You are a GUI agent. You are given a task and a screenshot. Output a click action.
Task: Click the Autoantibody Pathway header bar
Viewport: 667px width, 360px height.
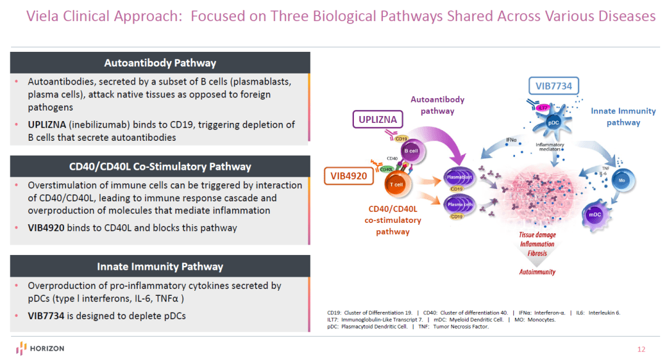click(x=160, y=63)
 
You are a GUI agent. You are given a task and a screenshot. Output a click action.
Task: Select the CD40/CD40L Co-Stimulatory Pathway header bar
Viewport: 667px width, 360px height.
click(x=160, y=167)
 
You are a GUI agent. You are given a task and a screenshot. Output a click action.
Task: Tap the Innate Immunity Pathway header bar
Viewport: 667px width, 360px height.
click(x=160, y=267)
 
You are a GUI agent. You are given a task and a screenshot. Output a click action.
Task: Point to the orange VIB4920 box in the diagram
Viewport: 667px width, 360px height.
click(x=345, y=175)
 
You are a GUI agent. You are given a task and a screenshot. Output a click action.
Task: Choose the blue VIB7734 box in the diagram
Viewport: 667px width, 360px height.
click(x=554, y=86)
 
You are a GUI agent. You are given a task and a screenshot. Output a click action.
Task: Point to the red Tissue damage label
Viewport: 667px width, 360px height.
click(x=537, y=235)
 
